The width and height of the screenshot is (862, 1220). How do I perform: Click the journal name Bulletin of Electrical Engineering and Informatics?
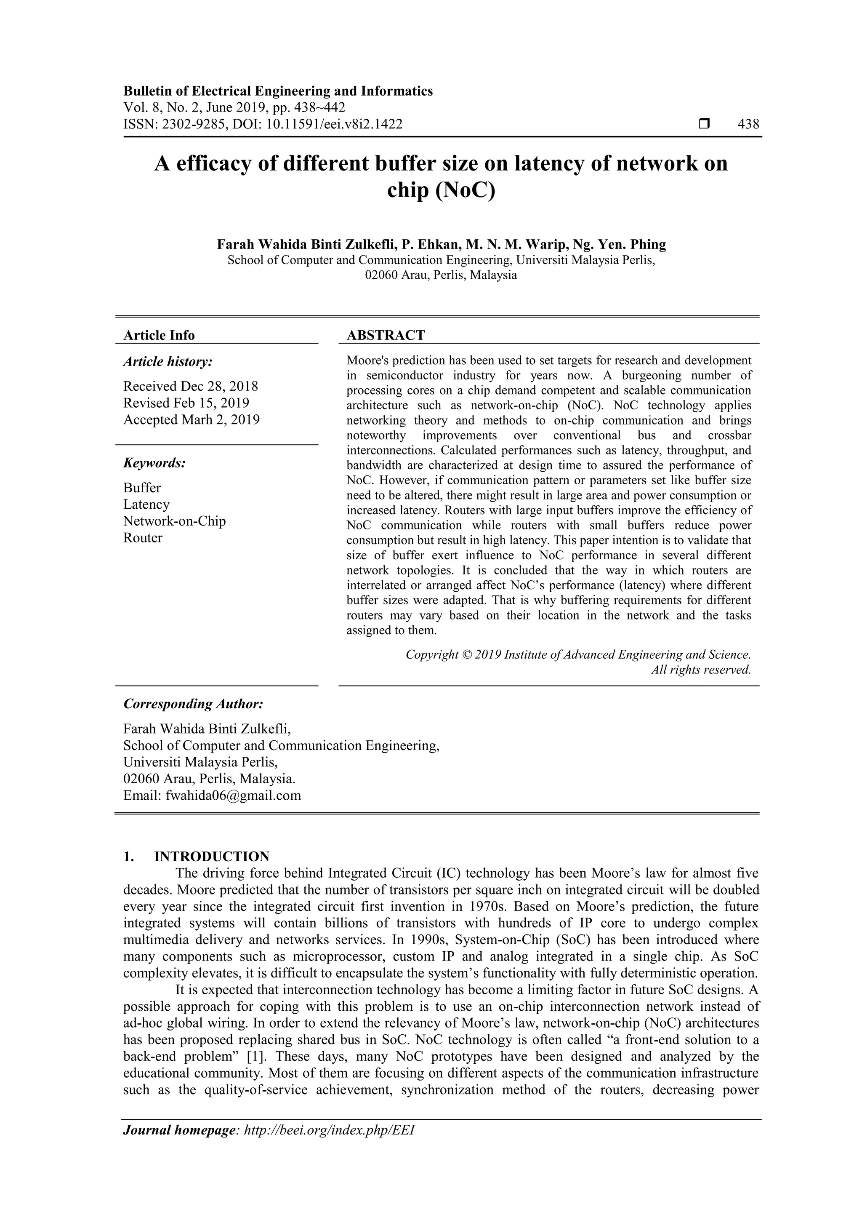click(x=278, y=91)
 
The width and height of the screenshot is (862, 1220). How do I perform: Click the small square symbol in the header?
click(x=704, y=124)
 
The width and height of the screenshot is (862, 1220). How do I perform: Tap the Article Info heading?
click(x=159, y=335)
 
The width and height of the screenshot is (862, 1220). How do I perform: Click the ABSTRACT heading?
click(x=386, y=335)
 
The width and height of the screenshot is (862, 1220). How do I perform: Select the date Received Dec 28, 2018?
click(x=191, y=386)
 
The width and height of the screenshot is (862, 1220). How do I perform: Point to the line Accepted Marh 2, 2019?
click(x=191, y=420)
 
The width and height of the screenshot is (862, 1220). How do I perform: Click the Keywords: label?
click(x=154, y=463)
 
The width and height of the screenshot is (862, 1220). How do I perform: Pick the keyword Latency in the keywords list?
click(x=146, y=504)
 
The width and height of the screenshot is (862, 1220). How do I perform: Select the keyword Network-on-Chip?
click(x=174, y=521)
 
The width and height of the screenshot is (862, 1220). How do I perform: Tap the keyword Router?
click(x=143, y=538)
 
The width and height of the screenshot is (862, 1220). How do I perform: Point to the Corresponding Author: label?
click(x=193, y=704)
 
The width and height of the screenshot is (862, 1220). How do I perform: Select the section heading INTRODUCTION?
click(x=211, y=857)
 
